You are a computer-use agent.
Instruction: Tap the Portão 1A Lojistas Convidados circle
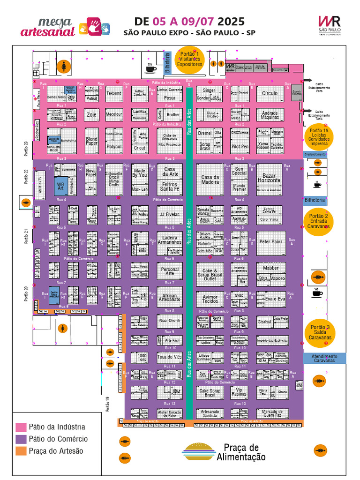tap(319, 137)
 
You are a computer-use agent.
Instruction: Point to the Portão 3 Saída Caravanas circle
tap(320, 331)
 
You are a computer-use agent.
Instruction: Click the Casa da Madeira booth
tap(210, 180)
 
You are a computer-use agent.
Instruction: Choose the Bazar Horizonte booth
tap(269, 178)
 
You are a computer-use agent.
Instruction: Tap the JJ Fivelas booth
tap(170, 215)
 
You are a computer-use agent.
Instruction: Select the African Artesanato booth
tap(170, 298)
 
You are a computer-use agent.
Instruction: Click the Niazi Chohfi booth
tap(170, 321)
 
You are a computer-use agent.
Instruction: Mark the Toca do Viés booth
tap(170, 357)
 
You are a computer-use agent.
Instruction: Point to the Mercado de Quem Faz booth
tap(272, 413)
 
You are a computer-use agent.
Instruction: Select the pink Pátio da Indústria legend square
tap(21, 427)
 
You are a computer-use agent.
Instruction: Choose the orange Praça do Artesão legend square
tap(21, 451)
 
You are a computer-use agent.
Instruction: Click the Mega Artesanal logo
tap(48, 27)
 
